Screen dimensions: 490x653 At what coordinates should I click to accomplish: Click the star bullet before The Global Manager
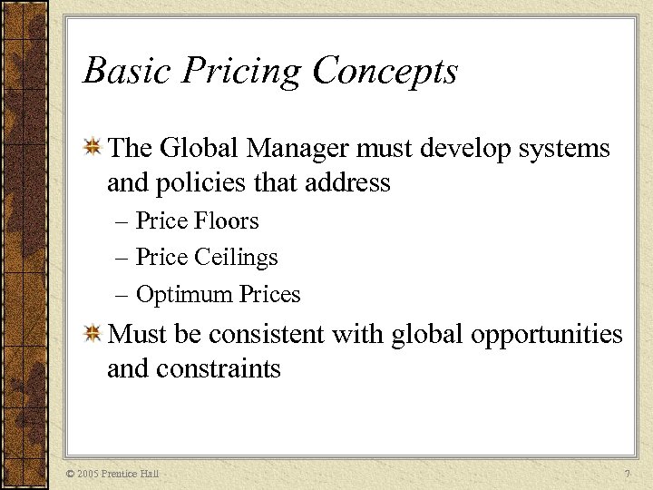coord(92,148)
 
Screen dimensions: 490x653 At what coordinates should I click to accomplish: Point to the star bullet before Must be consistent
coord(92,335)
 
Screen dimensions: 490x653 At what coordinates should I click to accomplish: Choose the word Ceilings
coord(236,258)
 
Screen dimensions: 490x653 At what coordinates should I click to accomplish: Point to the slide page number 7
coord(626,474)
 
